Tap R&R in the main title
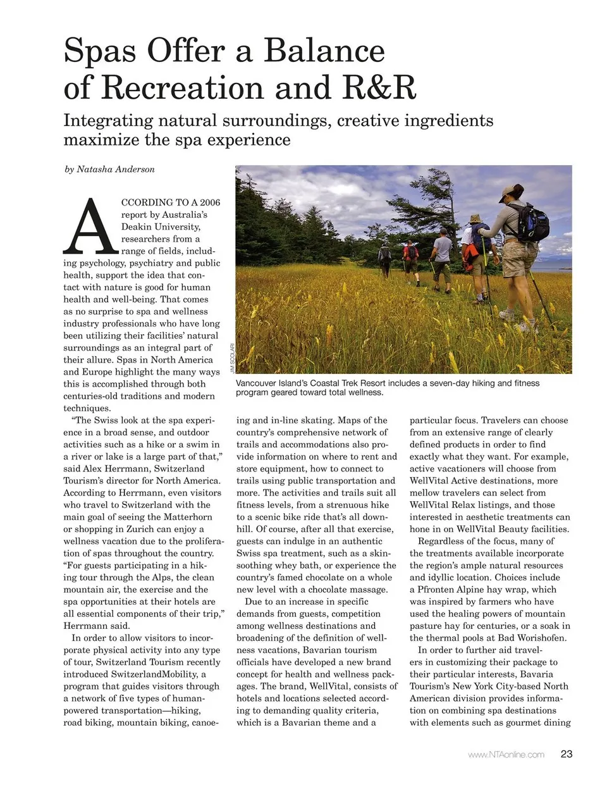(379, 87)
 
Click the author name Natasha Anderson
(116, 170)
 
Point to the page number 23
(566, 754)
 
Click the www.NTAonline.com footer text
(506, 755)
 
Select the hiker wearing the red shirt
(410, 256)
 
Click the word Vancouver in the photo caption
(259, 383)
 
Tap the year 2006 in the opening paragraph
(210, 202)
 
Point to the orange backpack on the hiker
(470, 252)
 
